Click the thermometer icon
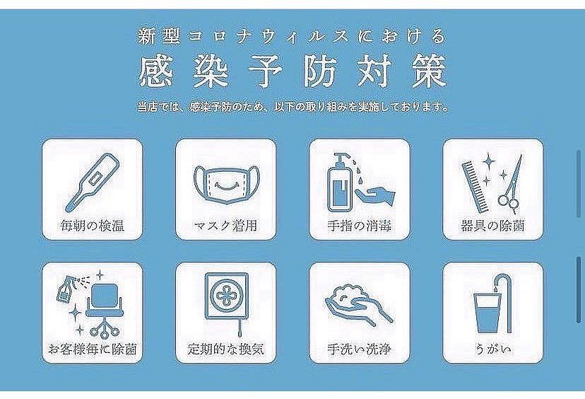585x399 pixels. [92, 181]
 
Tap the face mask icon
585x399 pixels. [225, 186]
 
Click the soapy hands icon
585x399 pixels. [359, 305]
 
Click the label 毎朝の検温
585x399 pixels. [92, 229]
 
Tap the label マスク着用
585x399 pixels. [225, 229]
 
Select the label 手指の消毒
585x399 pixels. [360, 229]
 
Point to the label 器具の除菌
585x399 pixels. [492, 229]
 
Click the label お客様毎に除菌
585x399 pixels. [92, 349]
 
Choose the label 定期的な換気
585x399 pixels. [225, 349]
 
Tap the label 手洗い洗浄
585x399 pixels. [360, 349]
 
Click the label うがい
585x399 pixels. [492, 349]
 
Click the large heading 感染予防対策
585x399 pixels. [292, 73]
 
